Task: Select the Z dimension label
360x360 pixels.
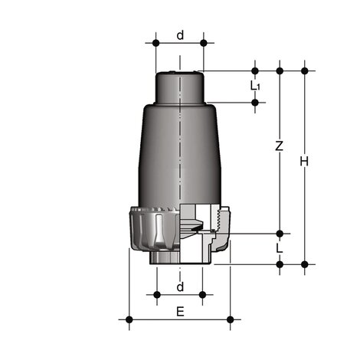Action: point(280,146)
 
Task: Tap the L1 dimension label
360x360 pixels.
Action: point(254,86)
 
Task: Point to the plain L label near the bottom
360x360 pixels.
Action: point(280,249)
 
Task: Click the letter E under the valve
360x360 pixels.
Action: point(180,311)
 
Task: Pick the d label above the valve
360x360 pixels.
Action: point(180,34)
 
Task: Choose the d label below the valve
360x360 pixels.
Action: point(180,287)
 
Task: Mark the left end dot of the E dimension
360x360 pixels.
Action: point(129,319)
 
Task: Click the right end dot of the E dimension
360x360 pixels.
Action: point(230,319)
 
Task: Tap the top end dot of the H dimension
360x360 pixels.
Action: point(305,71)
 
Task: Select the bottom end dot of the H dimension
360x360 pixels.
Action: point(305,264)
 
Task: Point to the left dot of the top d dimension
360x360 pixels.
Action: point(155,43)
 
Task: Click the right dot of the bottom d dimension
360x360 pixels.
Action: point(203,294)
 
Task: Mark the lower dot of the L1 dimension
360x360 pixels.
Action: point(255,101)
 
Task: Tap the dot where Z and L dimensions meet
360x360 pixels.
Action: point(280,233)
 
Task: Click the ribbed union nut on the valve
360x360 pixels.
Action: point(149,230)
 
